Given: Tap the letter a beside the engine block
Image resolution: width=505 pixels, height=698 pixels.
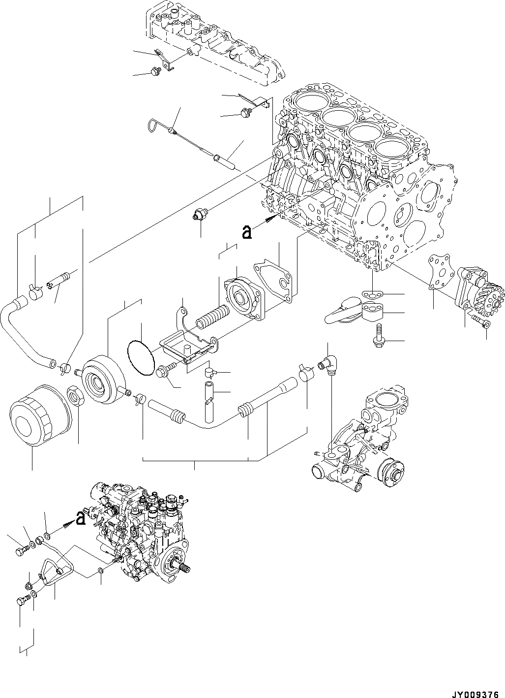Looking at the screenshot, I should point(247,232).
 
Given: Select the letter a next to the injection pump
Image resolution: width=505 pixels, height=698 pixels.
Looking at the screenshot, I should point(81,517).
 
